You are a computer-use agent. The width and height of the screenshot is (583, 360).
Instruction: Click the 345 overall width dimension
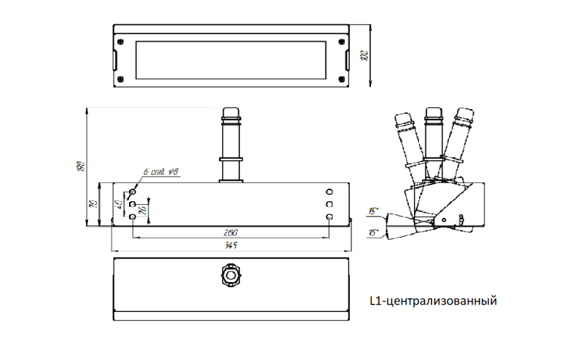click(x=231, y=246)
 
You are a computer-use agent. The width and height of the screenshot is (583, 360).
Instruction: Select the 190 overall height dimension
click(x=81, y=166)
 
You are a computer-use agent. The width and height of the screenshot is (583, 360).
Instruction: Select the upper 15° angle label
click(x=373, y=211)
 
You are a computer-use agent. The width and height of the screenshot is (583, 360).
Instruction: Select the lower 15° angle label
click(x=373, y=234)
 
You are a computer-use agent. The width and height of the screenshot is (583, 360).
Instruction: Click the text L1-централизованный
click(x=434, y=300)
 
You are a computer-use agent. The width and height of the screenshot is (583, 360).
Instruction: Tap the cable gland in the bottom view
click(x=230, y=276)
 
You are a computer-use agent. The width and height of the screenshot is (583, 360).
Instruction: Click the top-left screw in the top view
click(x=121, y=39)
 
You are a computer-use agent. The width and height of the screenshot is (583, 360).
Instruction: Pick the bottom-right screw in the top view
click(x=343, y=79)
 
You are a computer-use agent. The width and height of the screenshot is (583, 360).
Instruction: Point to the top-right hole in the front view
click(x=329, y=190)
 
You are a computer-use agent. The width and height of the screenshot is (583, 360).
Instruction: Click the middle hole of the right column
click(x=329, y=203)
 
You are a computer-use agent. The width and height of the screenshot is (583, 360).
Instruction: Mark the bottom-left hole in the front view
click(x=132, y=217)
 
